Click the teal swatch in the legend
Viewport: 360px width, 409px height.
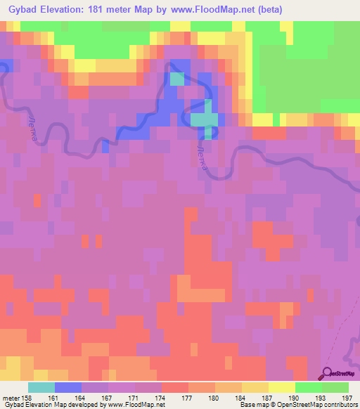[x=41, y=387]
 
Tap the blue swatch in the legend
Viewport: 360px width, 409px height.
[x=67, y=387]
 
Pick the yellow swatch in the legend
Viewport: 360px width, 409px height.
[x=281, y=387]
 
